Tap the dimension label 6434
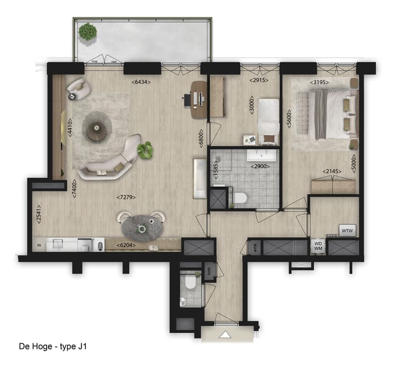click(x=141, y=82)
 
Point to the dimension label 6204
click(x=125, y=246)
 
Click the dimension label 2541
click(x=38, y=215)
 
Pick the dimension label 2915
click(x=258, y=81)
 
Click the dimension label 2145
click(x=332, y=172)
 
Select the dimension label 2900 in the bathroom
click(x=260, y=167)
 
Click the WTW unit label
click(x=347, y=230)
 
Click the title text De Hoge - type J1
click(x=53, y=346)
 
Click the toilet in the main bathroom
click(x=240, y=198)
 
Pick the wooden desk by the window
click(x=198, y=99)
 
